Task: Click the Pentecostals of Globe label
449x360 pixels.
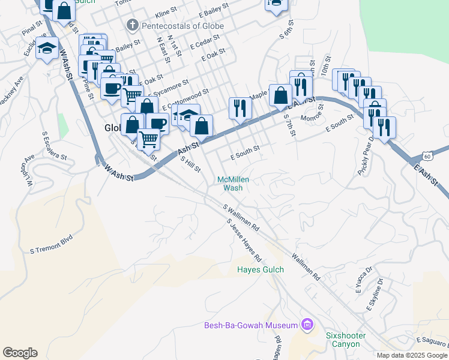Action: click(x=182, y=26)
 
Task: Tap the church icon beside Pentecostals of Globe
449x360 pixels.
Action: click(x=133, y=26)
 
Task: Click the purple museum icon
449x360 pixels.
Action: click(x=307, y=325)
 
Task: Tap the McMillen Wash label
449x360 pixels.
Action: click(x=233, y=183)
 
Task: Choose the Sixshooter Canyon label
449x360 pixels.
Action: click(x=343, y=340)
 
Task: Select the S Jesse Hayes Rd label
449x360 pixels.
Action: click(x=244, y=241)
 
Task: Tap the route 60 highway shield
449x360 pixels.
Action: click(x=427, y=155)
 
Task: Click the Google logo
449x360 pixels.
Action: click(x=20, y=353)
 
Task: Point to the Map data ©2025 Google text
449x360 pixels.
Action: click(x=412, y=355)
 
